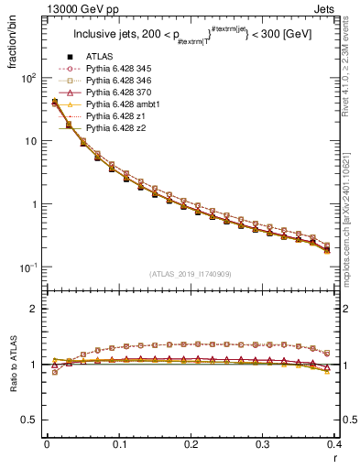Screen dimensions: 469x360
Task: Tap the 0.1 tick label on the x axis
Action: [118, 444]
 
